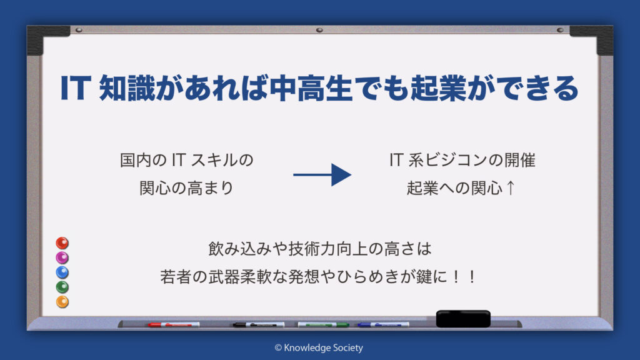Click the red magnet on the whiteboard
point(62,243)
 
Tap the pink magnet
point(62,257)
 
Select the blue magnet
point(62,272)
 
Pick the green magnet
point(62,287)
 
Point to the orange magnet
point(62,302)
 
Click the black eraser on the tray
point(463,319)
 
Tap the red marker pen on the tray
point(174,324)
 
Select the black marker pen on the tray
point(258,324)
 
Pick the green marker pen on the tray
point(323,324)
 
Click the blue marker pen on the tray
point(383,324)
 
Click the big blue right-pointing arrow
point(322,175)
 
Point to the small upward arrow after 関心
point(510,188)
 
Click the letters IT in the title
point(76,87)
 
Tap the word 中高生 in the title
point(311,87)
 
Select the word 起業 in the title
point(438,87)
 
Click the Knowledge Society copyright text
point(319,347)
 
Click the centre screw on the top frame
point(319,30)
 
